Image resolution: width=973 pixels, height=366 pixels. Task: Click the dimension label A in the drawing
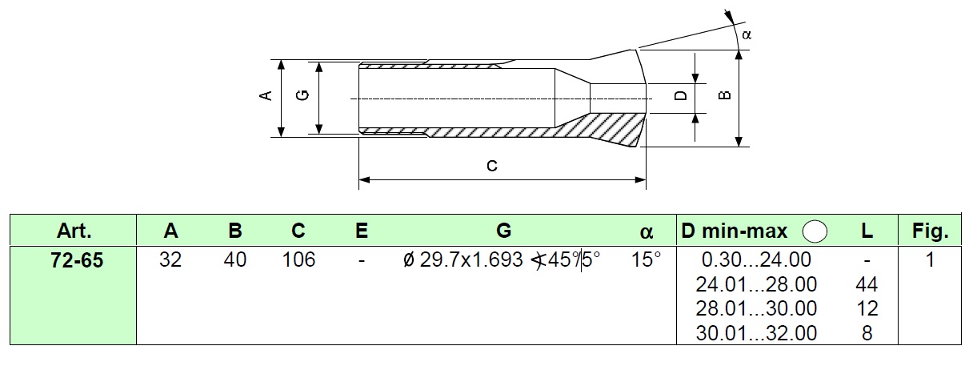pyautogui.click(x=266, y=95)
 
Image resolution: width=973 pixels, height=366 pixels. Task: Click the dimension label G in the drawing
pyautogui.click(x=302, y=95)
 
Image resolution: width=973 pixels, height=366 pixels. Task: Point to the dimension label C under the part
pyautogui.click(x=492, y=166)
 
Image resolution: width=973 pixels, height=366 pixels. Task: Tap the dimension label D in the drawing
pyautogui.click(x=681, y=95)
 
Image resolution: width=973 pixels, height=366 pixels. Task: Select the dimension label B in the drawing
pyautogui.click(x=724, y=95)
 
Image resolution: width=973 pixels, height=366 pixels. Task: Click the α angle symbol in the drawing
pyautogui.click(x=747, y=34)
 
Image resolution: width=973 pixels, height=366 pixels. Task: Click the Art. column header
pyautogui.click(x=74, y=231)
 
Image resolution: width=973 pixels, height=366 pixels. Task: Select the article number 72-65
pyautogui.click(x=77, y=260)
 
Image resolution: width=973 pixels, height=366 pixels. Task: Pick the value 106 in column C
pyautogui.click(x=298, y=259)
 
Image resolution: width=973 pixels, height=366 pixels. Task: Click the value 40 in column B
pyautogui.click(x=235, y=259)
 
